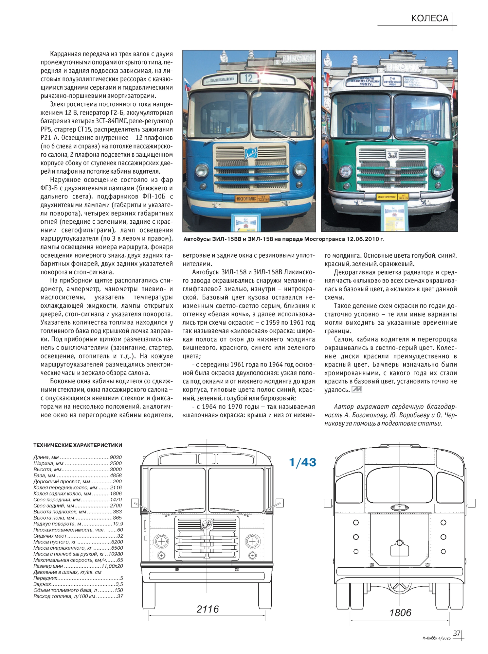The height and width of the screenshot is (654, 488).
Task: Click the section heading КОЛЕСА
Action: pyautogui.click(x=429, y=18)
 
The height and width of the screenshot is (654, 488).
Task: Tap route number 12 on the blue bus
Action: pyautogui.click(x=248, y=78)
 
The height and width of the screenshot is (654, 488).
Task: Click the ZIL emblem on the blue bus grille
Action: pyautogui.click(x=251, y=153)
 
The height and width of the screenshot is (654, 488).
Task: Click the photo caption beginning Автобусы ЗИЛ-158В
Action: pyautogui.click(x=284, y=239)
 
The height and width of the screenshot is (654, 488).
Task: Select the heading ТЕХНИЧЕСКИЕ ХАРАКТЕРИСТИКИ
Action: pyautogui.click(x=78, y=445)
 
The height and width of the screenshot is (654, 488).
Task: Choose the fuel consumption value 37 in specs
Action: pyautogui.click(x=119, y=596)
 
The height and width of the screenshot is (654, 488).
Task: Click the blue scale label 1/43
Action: pyautogui.click(x=302, y=462)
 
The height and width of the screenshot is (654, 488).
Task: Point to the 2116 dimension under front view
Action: pyautogui.click(x=208, y=609)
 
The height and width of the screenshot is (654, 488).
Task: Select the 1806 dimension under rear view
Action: pyautogui.click(x=400, y=612)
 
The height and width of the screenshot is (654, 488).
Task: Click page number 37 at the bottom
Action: pyautogui.click(x=456, y=633)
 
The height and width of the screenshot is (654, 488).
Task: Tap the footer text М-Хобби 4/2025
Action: pyautogui.click(x=436, y=638)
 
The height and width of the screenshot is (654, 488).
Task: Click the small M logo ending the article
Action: pyautogui.click(x=356, y=389)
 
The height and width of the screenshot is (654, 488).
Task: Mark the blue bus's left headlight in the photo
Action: pyautogui.click(x=202, y=170)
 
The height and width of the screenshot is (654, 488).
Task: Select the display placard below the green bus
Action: pyautogui.click(x=394, y=215)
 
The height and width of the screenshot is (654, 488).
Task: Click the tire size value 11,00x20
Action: pyautogui.click(x=112, y=566)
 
